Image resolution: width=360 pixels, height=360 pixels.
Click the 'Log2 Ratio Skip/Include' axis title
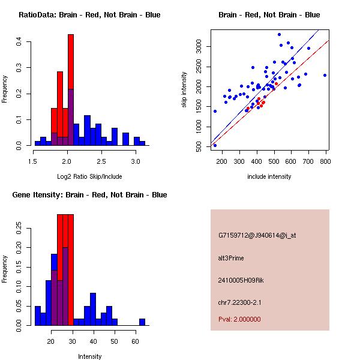click(x=89, y=176)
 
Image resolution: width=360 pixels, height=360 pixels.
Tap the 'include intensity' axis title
click(x=269, y=176)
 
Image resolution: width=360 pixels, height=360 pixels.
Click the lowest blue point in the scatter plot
click(x=215, y=145)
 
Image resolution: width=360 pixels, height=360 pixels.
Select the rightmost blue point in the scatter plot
click(x=325, y=75)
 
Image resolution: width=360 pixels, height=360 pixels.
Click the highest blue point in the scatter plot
click(x=279, y=35)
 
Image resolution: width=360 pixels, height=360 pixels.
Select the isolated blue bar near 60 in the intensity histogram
click(x=142, y=322)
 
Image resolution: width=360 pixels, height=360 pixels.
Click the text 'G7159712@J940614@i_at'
click(x=257, y=235)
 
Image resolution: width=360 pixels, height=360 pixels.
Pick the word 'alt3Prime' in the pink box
click(x=231, y=257)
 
